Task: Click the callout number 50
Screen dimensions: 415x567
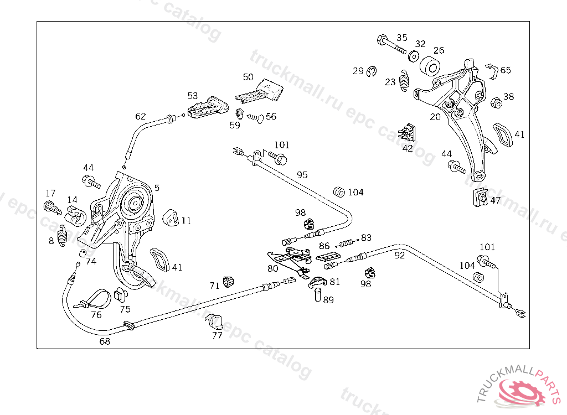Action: (x=248, y=77)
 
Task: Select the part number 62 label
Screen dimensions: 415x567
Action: (x=141, y=116)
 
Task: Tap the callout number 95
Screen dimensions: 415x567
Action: (x=302, y=175)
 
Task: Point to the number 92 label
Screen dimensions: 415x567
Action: (x=399, y=256)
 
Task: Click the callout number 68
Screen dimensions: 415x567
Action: (x=105, y=341)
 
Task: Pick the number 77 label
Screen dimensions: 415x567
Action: (x=217, y=335)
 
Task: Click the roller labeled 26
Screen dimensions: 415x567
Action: (x=430, y=66)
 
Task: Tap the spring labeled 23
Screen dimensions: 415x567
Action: (x=405, y=81)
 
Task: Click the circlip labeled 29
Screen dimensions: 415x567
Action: (x=372, y=71)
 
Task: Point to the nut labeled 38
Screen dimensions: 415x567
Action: (x=496, y=103)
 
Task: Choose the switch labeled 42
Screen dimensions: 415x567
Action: (x=409, y=133)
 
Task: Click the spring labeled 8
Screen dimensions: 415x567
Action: (x=64, y=235)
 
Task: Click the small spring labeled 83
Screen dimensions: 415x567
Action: (x=347, y=241)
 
